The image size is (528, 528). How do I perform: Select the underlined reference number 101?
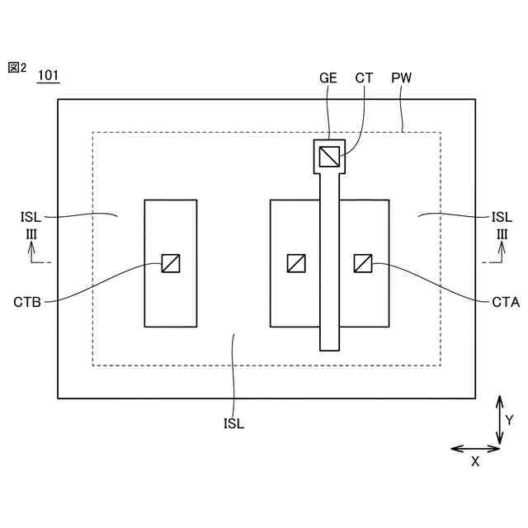48,76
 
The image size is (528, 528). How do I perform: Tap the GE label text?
328,78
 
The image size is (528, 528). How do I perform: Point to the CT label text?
364,78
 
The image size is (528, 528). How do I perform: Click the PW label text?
402,78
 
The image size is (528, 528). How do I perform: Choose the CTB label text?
28,302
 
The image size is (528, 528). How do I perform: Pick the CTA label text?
505,302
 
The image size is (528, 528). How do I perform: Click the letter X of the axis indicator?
475,462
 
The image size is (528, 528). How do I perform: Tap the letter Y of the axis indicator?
509,421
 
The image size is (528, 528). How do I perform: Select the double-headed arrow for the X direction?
476,449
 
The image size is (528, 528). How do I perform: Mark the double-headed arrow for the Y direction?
498,421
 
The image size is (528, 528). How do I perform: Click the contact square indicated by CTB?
171,263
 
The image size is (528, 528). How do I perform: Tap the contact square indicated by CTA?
363,263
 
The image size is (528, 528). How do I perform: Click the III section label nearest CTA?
502,235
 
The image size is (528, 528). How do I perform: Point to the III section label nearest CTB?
31,235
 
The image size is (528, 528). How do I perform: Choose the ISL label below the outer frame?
233,424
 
